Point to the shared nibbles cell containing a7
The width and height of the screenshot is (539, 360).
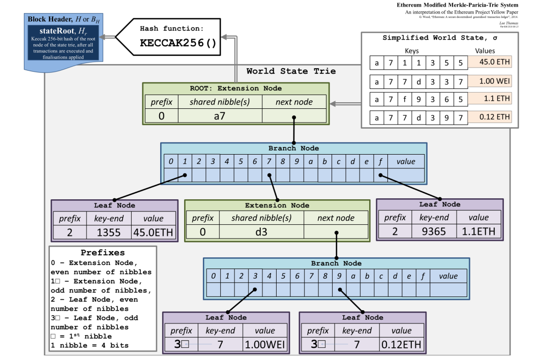pos(220,115)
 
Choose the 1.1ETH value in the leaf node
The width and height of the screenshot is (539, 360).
pos(478,231)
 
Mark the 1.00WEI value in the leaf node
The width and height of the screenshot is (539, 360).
pos(265,344)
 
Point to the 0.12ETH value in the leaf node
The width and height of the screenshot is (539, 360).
pos(401,344)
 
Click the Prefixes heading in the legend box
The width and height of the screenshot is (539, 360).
pos(103,253)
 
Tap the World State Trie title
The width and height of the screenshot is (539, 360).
pos(291,71)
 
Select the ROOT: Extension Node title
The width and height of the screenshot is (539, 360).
pos(235,88)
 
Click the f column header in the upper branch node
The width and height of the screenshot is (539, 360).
pos(380,162)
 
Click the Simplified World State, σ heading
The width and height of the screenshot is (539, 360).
pos(440,39)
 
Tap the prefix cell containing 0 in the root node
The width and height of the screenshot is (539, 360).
pos(161,115)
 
